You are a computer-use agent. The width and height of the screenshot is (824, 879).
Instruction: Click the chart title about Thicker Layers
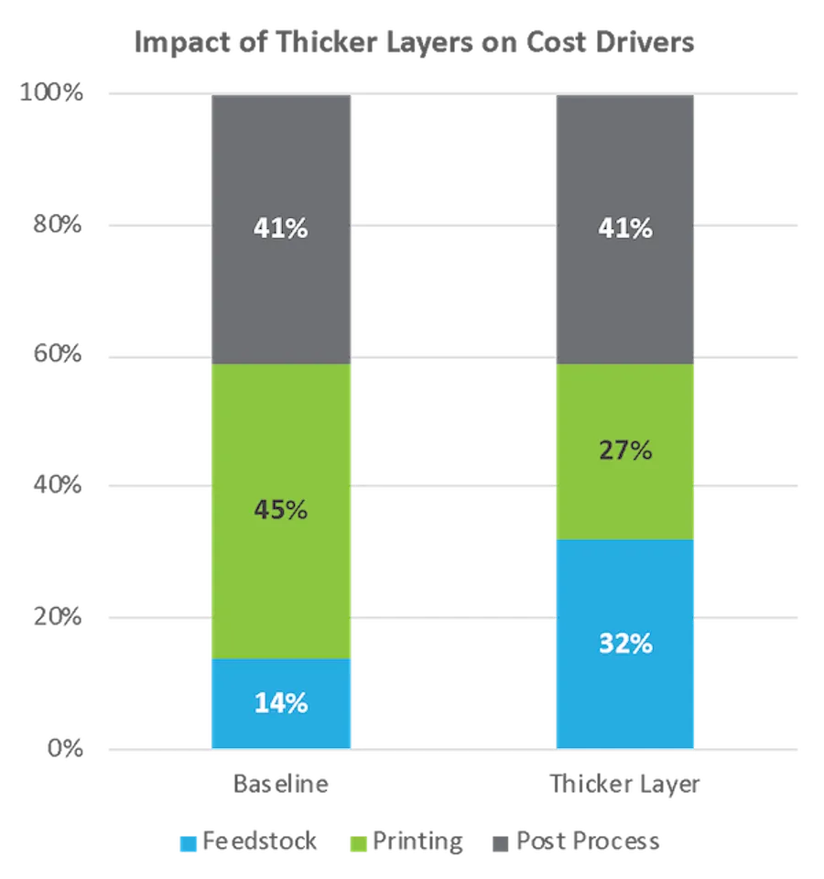412,43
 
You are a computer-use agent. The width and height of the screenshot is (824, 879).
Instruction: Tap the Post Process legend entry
575,842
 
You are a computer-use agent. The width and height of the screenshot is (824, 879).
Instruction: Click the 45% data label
280,510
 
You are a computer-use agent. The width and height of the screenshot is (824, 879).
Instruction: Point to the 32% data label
625,643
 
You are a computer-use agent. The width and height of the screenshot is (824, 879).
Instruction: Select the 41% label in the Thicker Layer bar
625,227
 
